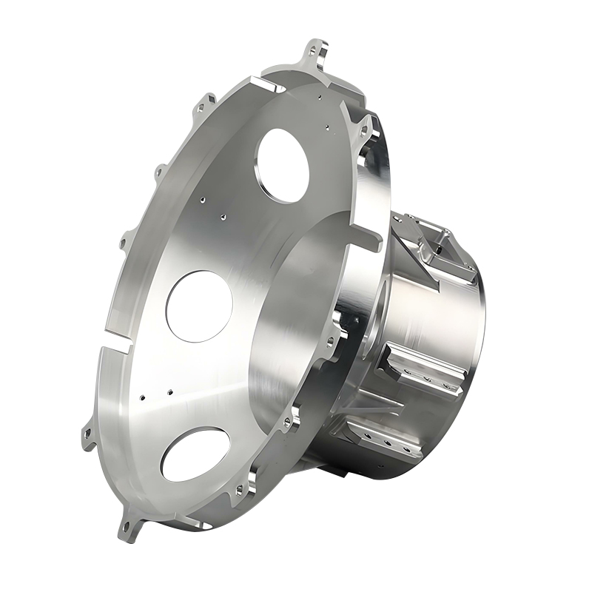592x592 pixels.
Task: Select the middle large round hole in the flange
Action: point(198,306)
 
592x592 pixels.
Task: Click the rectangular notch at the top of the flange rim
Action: point(271,86)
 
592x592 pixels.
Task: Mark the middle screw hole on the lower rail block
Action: point(387,445)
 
